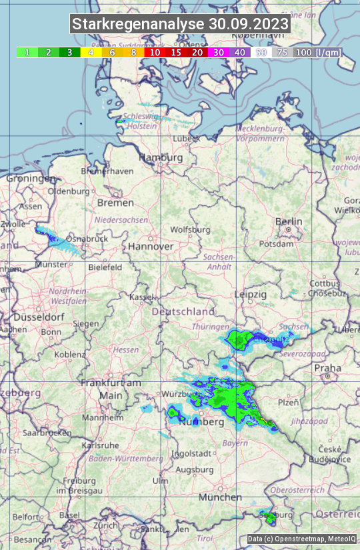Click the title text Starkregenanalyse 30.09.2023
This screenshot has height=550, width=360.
[x=180, y=25]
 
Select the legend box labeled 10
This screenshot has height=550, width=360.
[x=155, y=52]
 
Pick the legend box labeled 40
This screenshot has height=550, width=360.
[x=240, y=52]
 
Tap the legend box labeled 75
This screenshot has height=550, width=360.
[x=282, y=52]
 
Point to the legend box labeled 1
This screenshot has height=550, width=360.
[x=27, y=52]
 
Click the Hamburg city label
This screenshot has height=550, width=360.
[x=160, y=157]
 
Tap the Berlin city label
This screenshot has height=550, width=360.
[x=289, y=221]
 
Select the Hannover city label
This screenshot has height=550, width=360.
[x=151, y=246]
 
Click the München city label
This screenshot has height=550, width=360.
[x=220, y=497]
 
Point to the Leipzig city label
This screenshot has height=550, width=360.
[x=251, y=294]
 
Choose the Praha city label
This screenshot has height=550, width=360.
[x=327, y=368]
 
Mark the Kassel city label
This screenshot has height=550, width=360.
[x=141, y=297]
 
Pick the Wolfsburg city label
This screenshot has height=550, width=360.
[x=190, y=229]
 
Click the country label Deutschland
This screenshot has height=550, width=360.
[x=183, y=311]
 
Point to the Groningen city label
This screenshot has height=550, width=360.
[x=31, y=178]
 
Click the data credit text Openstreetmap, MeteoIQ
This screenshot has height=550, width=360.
[x=301, y=539]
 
